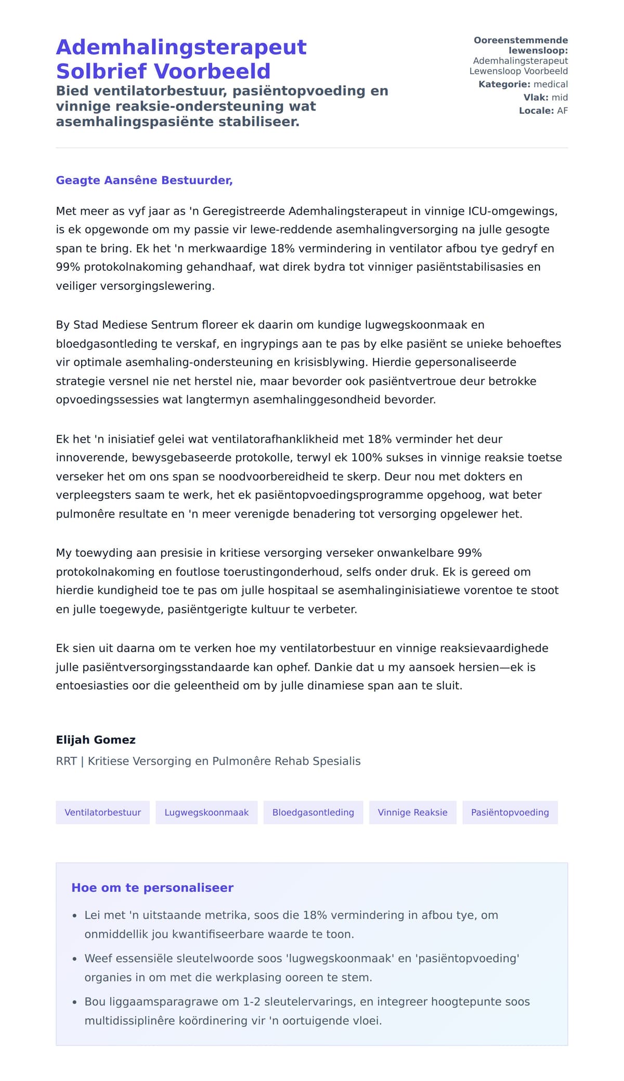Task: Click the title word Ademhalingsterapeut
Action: (181, 47)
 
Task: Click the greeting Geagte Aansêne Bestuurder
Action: (144, 180)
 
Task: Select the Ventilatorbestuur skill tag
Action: (102, 812)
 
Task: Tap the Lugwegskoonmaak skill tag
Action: (206, 812)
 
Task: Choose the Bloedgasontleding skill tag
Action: (313, 812)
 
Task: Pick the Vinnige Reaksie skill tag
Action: (412, 812)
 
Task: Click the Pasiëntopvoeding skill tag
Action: (510, 812)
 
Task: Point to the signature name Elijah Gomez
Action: (96, 740)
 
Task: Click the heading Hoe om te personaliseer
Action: (152, 888)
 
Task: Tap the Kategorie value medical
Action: (551, 84)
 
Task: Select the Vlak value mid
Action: (560, 98)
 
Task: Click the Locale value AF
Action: (562, 111)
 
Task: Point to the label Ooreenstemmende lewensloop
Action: (521, 45)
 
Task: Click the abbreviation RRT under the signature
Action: (66, 761)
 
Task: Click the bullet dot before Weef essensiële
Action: (75, 959)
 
